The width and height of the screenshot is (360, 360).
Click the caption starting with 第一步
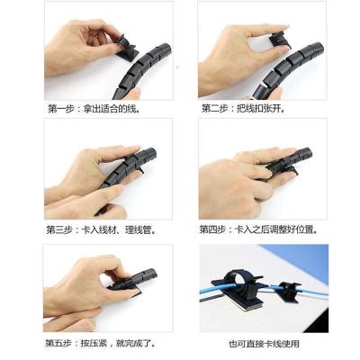pyautogui.click(x=94, y=109)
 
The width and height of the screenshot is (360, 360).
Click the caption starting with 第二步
pyautogui.click(x=243, y=108)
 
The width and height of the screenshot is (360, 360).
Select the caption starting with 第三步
pyautogui.click(x=101, y=230)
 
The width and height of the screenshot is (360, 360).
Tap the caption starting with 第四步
pyautogui.click(x=258, y=230)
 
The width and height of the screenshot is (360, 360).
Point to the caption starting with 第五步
pyautogui.click(x=100, y=343)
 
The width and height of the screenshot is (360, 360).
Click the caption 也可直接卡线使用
pyautogui.click(x=264, y=344)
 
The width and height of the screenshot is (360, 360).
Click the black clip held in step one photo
pyautogui.click(x=125, y=49)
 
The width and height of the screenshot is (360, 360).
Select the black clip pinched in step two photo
pyautogui.click(x=280, y=41)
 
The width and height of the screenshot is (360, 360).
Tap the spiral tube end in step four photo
pyautogui.click(x=303, y=154)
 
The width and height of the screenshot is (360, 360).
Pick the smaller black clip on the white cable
pyautogui.click(x=289, y=292)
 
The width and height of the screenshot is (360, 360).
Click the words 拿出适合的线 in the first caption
pyautogui.click(x=112, y=109)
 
